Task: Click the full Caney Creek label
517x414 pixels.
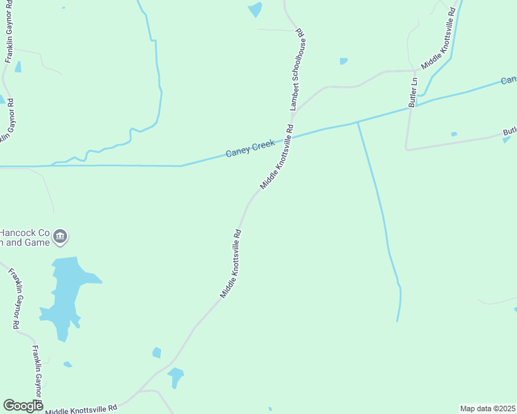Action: tap(250, 147)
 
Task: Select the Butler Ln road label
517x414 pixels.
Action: tap(413, 90)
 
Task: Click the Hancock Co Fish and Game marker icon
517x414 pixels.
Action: tap(60, 237)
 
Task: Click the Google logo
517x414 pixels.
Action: tap(22, 406)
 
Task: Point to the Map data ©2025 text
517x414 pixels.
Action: tap(488, 408)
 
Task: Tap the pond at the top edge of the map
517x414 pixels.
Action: tap(255, 9)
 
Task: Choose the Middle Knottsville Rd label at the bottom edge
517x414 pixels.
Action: tap(82, 409)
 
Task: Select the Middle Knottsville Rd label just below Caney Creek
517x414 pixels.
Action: tap(276, 157)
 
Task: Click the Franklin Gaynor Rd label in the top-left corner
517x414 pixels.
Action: tap(10, 32)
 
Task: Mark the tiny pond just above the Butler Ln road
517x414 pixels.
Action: tap(453, 134)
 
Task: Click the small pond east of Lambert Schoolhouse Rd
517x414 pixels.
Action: tap(344, 61)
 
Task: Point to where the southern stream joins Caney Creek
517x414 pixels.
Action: tap(357, 122)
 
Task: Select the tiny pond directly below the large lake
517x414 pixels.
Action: tap(67, 364)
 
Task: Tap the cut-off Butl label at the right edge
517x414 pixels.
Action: tap(509, 131)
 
